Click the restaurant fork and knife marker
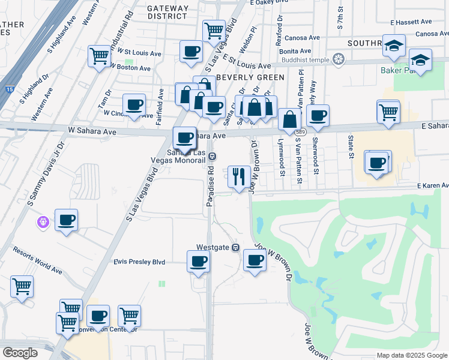click(239, 177)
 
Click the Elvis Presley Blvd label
click(139, 262)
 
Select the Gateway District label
click(168, 12)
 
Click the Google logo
click(20, 352)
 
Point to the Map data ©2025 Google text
click(411, 355)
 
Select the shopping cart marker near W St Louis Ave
click(100, 57)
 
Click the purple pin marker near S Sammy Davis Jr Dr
click(43, 223)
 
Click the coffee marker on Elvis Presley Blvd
click(199, 262)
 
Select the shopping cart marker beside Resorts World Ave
click(22, 287)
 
